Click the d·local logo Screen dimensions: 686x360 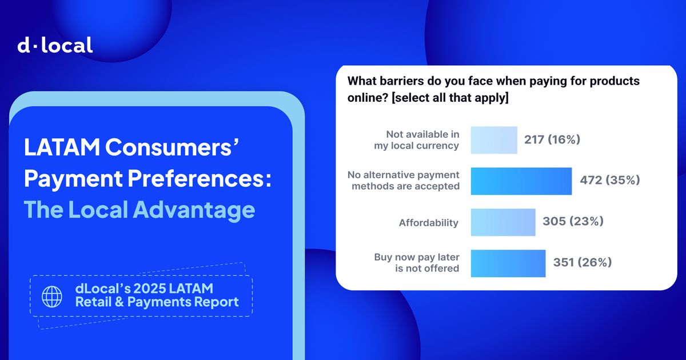tap(55, 45)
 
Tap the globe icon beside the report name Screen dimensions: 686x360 tap(52, 297)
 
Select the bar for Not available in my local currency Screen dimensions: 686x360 tap(494, 140)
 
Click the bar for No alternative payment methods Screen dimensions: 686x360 tap(521, 181)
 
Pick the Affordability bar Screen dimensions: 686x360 tap(503, 222)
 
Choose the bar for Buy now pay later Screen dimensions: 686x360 tap(508, 263)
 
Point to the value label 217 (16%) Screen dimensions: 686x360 tap(552, 139)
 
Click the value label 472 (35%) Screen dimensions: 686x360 tap(610, 180)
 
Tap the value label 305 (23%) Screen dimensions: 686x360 tap(573, 221)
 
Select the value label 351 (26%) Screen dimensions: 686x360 tap(582, 262)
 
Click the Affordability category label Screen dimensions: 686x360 tap(428, 223)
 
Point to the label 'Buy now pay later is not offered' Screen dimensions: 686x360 tap(417, 263)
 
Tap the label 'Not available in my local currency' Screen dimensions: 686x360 tap(417, 140)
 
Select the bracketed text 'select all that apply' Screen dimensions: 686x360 tap(450, 98)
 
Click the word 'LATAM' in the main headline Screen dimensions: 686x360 tap(62, 147)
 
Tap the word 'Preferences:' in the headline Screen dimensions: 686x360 tap(200, 179)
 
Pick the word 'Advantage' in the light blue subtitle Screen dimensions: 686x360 tap(194, 210)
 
